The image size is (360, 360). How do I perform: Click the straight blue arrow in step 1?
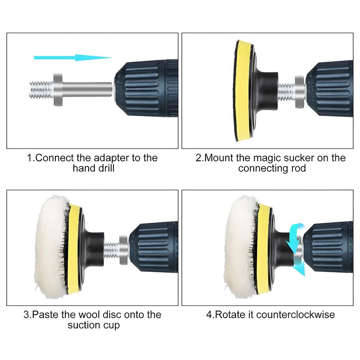(73, 58)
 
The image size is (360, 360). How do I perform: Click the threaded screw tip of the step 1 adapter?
(41, 90)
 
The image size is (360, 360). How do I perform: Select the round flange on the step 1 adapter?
(58, 90)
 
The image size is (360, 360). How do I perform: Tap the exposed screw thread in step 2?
(286, 92)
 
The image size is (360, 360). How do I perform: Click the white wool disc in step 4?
(240, 247)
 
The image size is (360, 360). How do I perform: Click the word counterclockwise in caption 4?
(296, 315)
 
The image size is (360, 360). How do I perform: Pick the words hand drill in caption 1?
(94, 168)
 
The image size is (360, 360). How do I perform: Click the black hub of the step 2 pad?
(265, 91)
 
